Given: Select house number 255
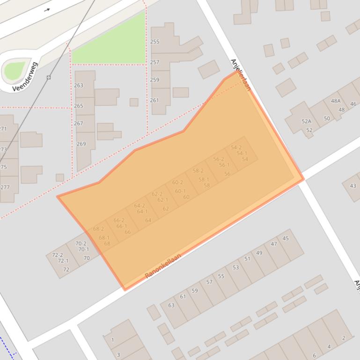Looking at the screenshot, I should [x=154, y=42].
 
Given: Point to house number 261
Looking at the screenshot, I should [x=154, y=100].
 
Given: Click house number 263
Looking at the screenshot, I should [x=79, y=85].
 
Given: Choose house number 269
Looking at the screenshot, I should [x=81, y=144].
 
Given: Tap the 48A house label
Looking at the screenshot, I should [x=336, y=101].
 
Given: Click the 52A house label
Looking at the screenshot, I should [x=306, y=122].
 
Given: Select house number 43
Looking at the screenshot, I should [x=353, y=186].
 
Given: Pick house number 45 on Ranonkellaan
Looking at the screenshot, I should [x=286, y=238].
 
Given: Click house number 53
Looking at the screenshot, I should [x=235, y=267].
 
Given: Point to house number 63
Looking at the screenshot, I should [x=171, y=305].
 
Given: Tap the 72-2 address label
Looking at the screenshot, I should [x=57, y=255].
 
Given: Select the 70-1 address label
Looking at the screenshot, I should [x=83, y=249].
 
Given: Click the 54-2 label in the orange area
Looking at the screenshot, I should [x=236, y=148].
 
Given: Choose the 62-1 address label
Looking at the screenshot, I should [x=162, y=200].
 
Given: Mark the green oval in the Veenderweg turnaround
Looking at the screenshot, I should [x=15, y=70].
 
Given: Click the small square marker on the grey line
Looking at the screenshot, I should [x=49, y=77].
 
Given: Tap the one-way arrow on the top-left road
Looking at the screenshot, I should [x=47, y=9].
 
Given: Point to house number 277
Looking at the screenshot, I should [x=5, y=187].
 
